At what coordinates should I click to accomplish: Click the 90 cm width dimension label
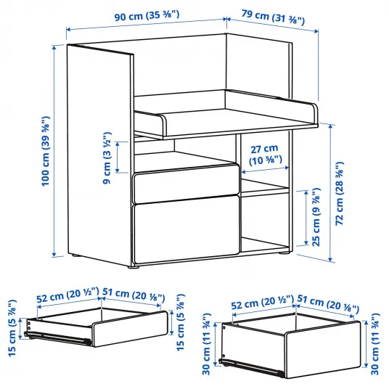tap(147, 16)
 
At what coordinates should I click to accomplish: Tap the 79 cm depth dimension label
tap(273, 17)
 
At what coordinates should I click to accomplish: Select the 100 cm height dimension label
tap(46, 151)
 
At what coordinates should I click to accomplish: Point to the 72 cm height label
tap(340, 194)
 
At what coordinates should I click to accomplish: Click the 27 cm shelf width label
tap(265, 155)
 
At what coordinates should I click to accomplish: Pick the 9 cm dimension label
tap(107, 157)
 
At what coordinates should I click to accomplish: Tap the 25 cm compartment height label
tap(316, 217)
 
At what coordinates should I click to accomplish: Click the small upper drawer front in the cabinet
tap(187, 184)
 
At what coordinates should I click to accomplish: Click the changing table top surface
tap(236, 118)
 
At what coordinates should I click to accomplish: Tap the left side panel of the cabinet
tap(99, 155)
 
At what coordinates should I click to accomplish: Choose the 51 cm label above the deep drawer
tap(328, 303)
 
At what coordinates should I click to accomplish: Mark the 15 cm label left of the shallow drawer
tap(12, 328)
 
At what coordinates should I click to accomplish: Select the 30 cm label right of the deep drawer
tap(375, 344)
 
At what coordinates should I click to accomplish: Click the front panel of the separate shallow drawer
tap(130, 329)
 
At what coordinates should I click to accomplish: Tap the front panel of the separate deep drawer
tap(323, 350)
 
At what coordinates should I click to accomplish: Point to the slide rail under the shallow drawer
tap(57, 337)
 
